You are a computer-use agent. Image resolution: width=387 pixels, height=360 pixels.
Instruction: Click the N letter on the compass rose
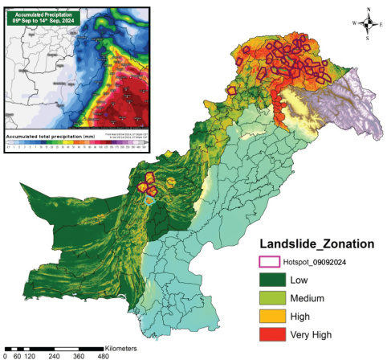tap(368, 10)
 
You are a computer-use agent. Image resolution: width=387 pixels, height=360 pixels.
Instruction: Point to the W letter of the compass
tap(353, 23)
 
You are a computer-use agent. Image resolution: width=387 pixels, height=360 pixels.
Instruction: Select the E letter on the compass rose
tap(381, 23)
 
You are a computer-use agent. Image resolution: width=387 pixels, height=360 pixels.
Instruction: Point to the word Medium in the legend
tap(307, 297)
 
